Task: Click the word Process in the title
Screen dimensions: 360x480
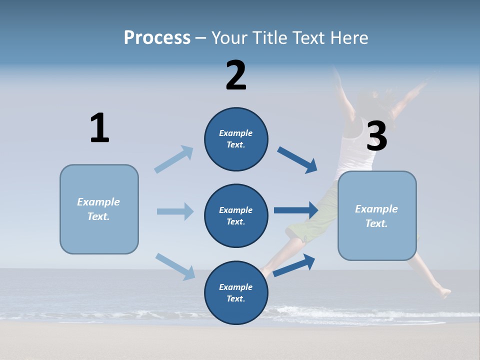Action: point(157,38)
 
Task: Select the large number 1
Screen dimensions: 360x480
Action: point(99,128)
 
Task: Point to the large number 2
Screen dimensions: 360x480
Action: point(236,75)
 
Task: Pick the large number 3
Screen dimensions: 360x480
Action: point(376,136)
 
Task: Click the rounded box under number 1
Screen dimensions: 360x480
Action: point(99,209)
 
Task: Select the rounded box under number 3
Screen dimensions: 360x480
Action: point(377,216)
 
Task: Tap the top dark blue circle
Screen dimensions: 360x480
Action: point(236,139)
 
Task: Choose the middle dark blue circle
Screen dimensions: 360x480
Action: point(236,216)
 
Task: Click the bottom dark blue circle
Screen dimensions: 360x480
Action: point(236,293)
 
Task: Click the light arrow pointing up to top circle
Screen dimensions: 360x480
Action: point(174,159)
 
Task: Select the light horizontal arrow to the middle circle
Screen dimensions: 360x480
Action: point(175,211)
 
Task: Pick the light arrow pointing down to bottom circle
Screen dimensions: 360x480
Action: point(175,266)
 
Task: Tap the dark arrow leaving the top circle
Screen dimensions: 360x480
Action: point(297,160)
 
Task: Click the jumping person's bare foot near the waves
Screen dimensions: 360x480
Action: point(442,292)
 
